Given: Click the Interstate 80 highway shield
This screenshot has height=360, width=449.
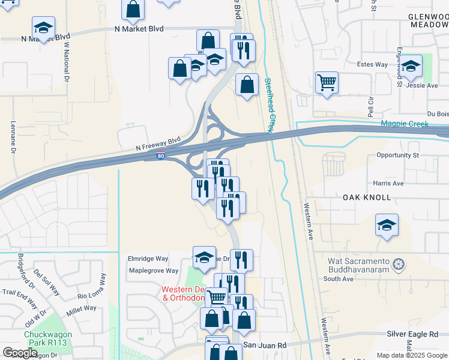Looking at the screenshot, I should [x=160, y=156].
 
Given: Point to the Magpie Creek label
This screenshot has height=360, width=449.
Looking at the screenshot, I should [x=405, y=124].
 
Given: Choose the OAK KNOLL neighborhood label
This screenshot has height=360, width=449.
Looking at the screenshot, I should [x=367, y=197].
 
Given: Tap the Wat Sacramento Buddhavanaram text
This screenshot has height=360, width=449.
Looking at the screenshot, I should [x=358, y=265].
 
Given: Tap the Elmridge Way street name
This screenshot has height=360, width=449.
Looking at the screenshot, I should [x=148, y=259].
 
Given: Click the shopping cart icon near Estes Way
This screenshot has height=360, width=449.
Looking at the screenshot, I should [x=327, y=82].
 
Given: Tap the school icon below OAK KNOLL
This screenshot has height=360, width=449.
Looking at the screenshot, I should [x=387, y=225].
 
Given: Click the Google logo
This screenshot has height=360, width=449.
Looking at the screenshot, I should [x=21, y=353].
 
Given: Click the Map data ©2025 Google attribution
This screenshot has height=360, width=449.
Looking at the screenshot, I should [x=412, y=355].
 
